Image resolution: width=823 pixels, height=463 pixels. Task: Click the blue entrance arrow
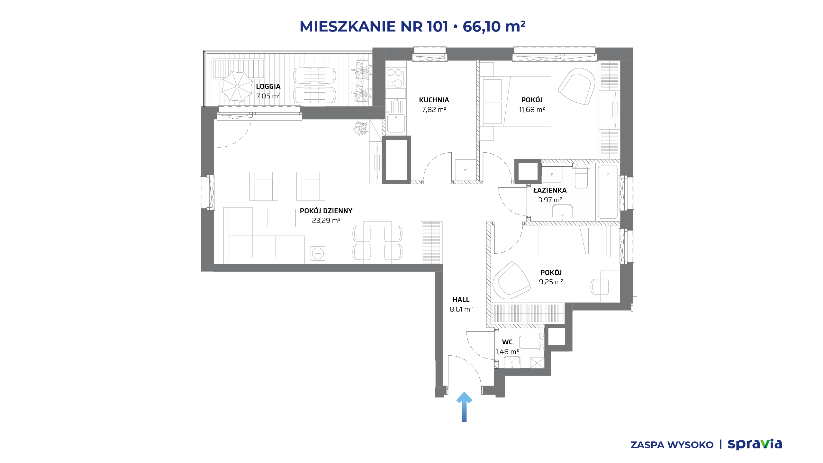pos(464,407)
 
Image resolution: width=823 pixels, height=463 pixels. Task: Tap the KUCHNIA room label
pos(434,100)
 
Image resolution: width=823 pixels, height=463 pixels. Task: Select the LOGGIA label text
pos(268,86)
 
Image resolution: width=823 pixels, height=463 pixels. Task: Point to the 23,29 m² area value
pos(326,221)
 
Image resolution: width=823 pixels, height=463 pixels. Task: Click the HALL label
pos(461,300)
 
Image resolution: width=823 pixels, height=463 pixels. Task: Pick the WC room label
pos(507,342)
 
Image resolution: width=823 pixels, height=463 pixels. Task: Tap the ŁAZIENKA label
pos(550,190)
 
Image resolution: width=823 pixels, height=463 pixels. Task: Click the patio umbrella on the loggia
pos(237,86)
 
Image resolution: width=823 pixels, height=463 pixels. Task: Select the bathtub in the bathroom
pos(608,192)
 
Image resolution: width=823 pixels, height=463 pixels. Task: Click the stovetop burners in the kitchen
pos(395,78)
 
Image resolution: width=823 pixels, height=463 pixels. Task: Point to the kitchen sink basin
pos(396,123)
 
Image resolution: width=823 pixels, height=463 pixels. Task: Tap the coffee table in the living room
pos(281,218)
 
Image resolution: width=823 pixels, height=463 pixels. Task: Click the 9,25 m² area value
pos(551,282)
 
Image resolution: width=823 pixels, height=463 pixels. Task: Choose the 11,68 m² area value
pos(532,110)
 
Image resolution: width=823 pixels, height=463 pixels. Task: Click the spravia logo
pos(755,444)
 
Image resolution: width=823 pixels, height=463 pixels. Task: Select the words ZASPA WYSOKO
pos(672,445)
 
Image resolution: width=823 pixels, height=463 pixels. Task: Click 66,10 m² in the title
pos(494,26)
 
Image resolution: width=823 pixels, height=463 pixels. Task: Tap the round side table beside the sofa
pos(318,253)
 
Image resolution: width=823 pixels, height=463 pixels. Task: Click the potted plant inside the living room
pos(361,129)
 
